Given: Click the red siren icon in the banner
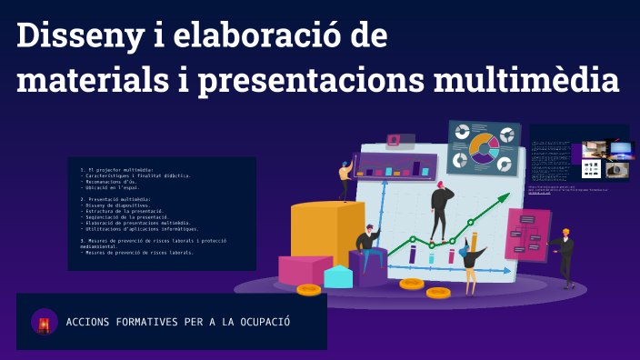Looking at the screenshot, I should click(44, 323).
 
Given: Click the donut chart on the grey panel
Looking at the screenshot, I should click(483, 146).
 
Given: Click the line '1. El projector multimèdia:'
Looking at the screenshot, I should click(119, 169).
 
